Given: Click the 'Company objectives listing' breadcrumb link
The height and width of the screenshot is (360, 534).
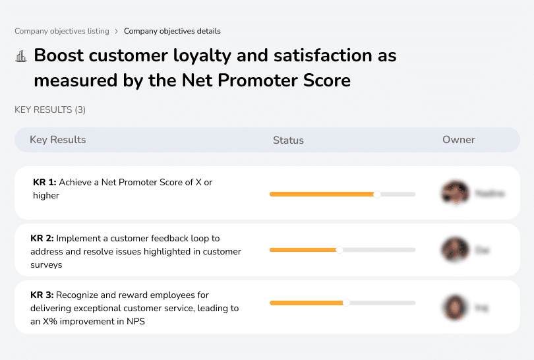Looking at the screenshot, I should point(62,31).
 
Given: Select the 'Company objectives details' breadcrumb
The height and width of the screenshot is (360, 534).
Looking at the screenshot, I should point(172,31).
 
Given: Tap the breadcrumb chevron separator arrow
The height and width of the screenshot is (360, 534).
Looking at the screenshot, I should point(117,31).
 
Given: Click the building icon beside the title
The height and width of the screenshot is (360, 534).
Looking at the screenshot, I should point(21,56).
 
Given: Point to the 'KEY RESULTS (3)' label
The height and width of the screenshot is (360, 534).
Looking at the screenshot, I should point(50,109).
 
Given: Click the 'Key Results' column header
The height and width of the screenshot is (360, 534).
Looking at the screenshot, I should point(57,140).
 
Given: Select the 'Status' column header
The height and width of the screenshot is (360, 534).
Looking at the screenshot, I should point(288,140).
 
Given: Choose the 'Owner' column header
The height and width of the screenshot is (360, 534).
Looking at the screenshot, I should point(459,140).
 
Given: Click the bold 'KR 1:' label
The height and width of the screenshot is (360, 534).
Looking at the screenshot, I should point(44,183).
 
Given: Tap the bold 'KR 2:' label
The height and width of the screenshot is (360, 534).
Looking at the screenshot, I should point(42,239).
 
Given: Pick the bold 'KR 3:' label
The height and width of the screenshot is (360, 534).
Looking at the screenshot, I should point(42,295).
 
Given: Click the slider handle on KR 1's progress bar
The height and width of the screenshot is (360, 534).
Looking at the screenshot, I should point(377,194).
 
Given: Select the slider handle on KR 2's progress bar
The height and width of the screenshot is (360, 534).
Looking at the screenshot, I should point(340,250).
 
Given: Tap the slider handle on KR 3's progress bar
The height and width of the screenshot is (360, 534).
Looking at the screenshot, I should point(346,303).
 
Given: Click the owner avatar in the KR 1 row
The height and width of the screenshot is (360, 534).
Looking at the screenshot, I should point(455,193).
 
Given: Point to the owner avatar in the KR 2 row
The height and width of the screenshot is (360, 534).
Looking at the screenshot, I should point(455,250).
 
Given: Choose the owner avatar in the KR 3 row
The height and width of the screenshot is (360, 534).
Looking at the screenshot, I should point(455,307).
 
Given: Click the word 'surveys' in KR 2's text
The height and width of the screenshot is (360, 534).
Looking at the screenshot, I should point(46,264).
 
